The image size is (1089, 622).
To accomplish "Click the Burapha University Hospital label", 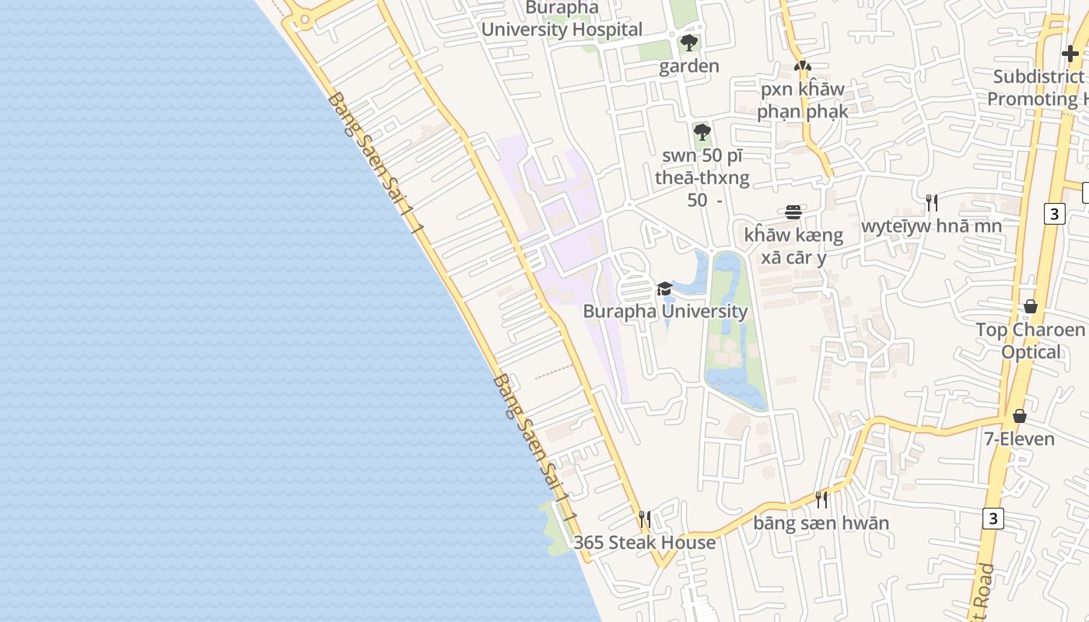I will pos(562,19).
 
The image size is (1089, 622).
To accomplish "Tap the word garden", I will pos(689,66).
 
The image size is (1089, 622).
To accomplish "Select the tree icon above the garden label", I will pos(688,43).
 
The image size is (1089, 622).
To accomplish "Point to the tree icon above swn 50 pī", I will pos(702,132).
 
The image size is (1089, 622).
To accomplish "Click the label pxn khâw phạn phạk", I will pos(803,100).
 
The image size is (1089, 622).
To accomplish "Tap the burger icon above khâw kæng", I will pos(793,211).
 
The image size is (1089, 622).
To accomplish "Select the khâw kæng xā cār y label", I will pos(793,246).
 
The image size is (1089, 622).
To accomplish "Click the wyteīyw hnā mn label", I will pos(931,225).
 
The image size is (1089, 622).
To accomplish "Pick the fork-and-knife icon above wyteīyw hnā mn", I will pos(931,203).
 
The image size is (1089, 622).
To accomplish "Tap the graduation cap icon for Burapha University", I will pos(664,289).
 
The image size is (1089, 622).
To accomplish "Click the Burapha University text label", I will pos(665,312).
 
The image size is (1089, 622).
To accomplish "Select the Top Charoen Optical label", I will pos(1031,341).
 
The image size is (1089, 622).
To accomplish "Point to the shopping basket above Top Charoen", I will pos(1031,306).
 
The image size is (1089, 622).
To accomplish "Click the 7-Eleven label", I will pos(1019,439).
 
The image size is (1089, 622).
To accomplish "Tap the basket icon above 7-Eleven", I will pos(1019,416).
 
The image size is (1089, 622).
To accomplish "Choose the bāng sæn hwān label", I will pos(821,522).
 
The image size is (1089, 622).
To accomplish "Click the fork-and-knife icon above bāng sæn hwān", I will pos(821,499).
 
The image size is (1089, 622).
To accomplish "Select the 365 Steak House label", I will pos(644,542).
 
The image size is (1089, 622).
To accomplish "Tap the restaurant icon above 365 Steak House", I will pos(644,518).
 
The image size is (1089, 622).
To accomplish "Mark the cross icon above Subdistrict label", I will pos(1070,54).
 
